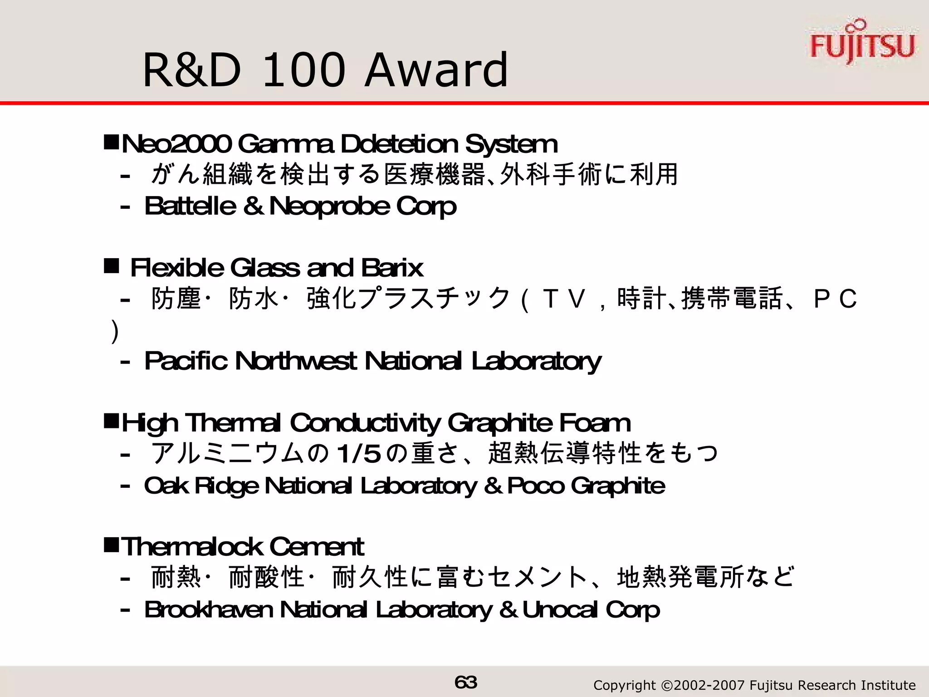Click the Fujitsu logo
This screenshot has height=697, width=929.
[x=862, y=43]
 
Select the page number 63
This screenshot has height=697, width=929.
[x=465, y=682]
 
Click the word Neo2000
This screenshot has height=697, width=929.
[x=176, y=144]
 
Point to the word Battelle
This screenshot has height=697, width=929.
[x=190, y=206]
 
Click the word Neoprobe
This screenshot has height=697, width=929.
[x=329, y=206]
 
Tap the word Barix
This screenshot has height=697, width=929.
[x=392, y=268]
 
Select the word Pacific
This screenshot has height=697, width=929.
[x=186, y=361]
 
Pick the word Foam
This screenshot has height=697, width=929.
[x=594, y=423]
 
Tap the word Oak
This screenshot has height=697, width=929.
[x=166, y=486]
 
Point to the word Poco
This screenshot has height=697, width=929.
[x=535, y=486]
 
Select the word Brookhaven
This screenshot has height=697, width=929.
[x=209, y=609]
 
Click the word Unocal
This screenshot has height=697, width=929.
[x=559, y=609]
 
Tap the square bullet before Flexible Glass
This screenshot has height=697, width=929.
[x=111, y=266]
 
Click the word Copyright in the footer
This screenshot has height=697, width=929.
[x=624, y=685]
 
